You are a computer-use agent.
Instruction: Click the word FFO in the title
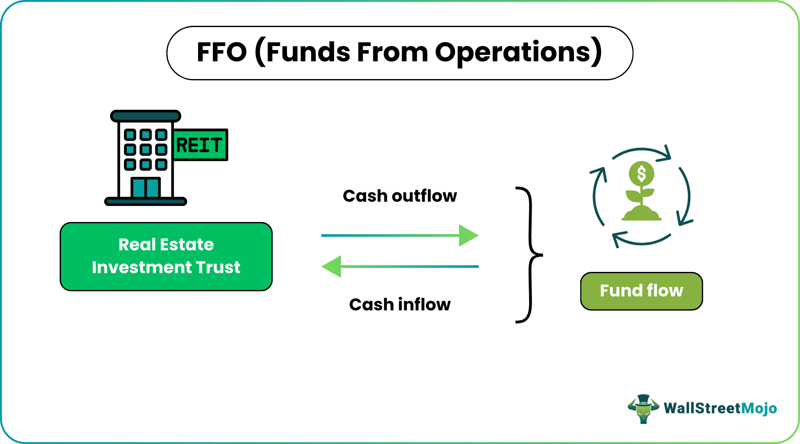click(221, 52)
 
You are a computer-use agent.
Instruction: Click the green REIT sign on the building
click(200, 145)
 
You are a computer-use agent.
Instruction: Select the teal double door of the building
click(145, 188)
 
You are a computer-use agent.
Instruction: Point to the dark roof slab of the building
click(146, 116)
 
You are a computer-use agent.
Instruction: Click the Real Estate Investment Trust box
click(166, 256)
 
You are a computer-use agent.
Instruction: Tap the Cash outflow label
click(400, 196)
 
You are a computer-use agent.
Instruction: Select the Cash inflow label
click(400, 304)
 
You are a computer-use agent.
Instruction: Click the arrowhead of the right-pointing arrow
click(468, 236)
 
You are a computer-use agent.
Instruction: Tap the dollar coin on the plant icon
click(641, 173)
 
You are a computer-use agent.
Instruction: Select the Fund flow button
click(641, 291)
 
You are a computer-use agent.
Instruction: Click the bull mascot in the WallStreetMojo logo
click(643, 408)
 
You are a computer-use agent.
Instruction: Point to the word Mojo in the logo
click(759, 408)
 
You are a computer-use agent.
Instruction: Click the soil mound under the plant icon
click(641, 214)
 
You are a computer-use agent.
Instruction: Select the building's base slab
click(146, 201)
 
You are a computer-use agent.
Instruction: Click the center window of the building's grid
click(146, 149)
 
